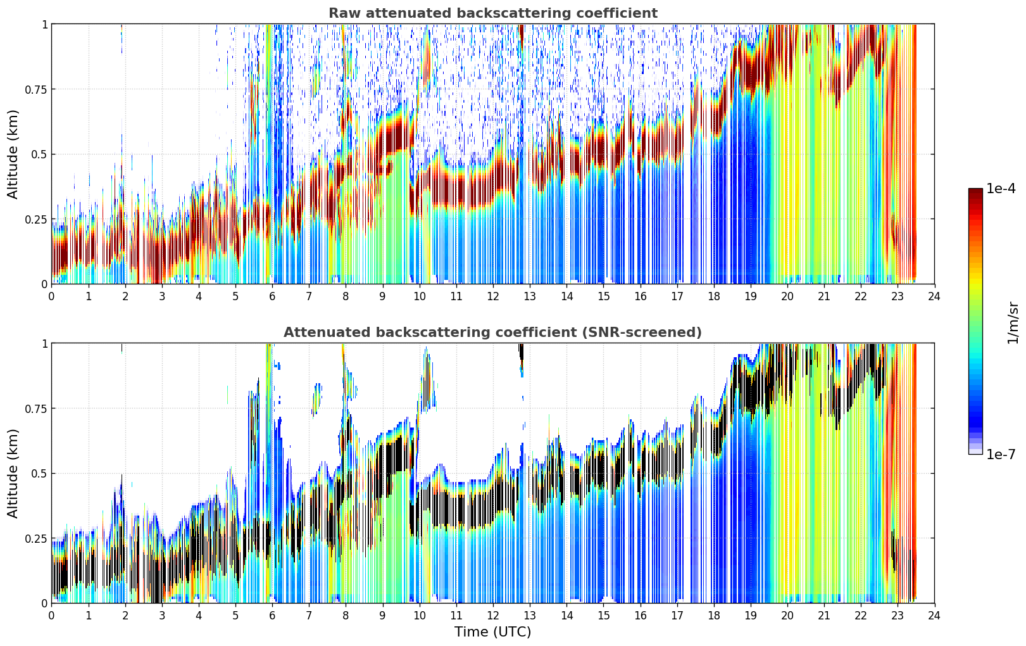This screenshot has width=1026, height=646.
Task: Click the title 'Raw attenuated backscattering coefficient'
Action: click(x=493, y=13)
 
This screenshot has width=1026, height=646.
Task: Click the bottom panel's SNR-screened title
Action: click(x=492, y=332)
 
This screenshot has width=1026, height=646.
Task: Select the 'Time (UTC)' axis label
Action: click(x=493, y=632)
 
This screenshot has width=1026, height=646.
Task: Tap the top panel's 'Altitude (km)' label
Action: click(x=13, y=154)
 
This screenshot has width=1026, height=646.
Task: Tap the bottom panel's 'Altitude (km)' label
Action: click(x=13, y=473)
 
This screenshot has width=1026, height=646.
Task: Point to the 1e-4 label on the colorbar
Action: click(x=1001, y=188)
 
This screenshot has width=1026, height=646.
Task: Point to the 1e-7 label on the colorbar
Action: click(x=1001, y=455)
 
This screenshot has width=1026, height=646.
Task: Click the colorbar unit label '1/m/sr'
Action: click(x=1013, y=322)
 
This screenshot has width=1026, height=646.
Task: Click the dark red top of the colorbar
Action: click(x=975, y=193)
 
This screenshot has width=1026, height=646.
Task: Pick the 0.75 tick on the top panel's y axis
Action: click(x=36, y=89)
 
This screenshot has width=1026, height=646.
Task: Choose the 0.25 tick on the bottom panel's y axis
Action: click(x=36, y=538)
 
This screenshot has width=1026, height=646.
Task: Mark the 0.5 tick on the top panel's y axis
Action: click(x=40, y=155)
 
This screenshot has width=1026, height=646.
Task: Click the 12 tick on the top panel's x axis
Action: click(x=493, y=296)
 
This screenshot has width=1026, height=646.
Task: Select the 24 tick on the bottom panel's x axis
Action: click(x=934, y=616)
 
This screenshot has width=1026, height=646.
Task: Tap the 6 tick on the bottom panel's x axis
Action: click(x=272, y=616)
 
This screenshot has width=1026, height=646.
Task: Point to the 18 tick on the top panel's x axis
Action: click(x=713, y=296)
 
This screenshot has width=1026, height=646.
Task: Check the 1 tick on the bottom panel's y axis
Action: click(x=45, y=344)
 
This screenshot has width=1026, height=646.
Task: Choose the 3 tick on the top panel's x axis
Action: click(x=161, y=296)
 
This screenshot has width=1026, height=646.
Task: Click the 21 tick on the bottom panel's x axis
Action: click(x=824, y=616)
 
